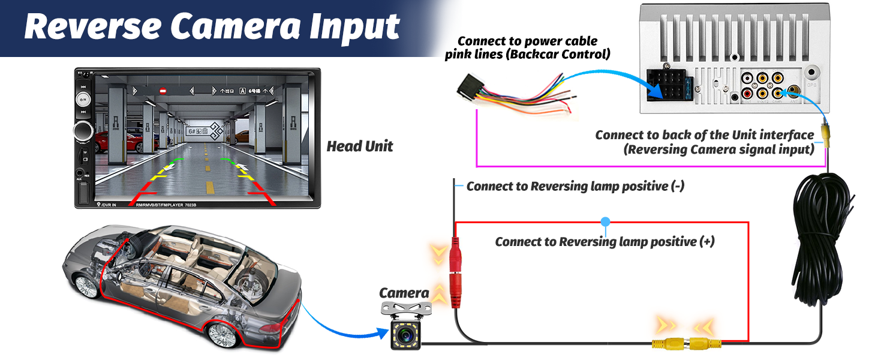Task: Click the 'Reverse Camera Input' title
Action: click(212, 28)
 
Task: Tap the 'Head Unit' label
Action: click(360, 146)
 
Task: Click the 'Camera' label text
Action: click(404, 293)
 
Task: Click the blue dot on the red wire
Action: click(605, 222)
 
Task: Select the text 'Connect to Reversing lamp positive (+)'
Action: click(605, 242)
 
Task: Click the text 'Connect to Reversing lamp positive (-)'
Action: click(575, 187)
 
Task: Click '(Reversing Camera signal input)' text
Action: click(719, 150)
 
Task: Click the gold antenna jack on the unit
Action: click(795, 92)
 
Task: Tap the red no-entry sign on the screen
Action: click(163, 91)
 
